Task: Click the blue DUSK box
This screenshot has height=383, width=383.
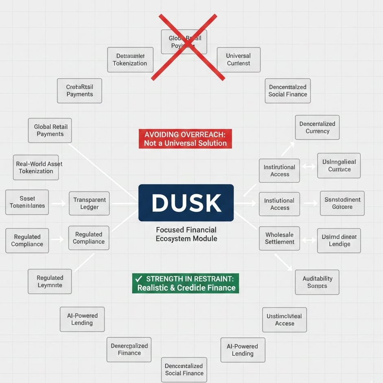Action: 186,203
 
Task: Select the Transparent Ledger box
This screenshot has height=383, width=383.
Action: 89,204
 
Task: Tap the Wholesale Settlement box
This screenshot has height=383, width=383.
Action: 280,238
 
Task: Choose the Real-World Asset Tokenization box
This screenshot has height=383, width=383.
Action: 36,167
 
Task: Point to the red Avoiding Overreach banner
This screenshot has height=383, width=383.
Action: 185,139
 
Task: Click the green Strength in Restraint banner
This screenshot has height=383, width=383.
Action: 186,283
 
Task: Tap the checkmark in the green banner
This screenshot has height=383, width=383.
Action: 138,279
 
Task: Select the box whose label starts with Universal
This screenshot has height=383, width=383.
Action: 238,59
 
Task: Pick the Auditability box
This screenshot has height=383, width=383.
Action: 317,282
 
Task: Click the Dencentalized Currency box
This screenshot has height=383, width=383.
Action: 317,127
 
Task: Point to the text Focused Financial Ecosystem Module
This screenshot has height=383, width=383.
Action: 186,234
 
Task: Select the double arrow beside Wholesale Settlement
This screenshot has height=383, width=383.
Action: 308,240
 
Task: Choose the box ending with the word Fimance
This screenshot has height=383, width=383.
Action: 129,349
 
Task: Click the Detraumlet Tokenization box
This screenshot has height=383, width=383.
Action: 130,59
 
